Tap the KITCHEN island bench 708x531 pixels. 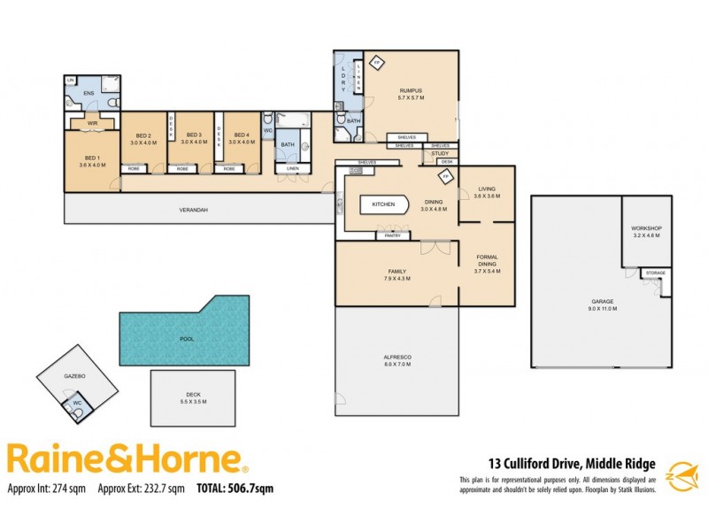pos(384,204)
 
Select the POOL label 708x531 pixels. pos(187,339)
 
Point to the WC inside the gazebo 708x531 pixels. pos(77,408)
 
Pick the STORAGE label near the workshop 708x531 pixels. pos(655,273)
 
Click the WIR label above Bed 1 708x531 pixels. pos(91,123)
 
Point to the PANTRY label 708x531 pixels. pos(389,235)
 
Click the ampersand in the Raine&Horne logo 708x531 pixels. pos(123,458)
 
